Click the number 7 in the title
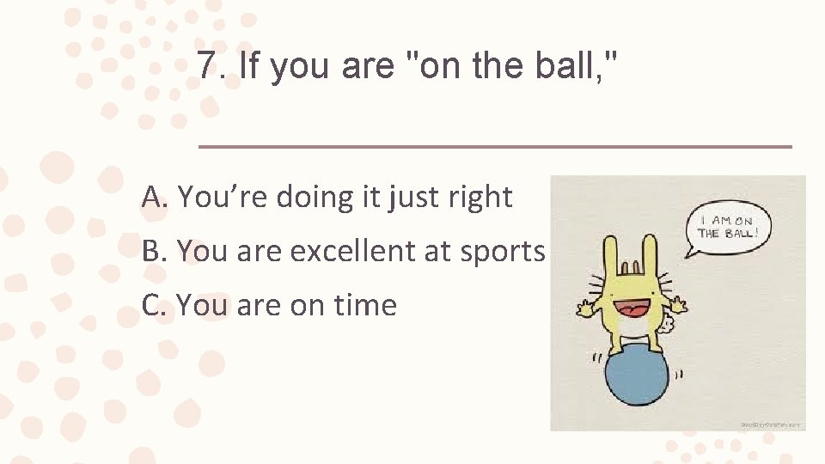tap(207, 66)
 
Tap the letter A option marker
tap(153, 198)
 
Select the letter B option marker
tap(152, 251)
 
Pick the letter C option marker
tap(152, 304)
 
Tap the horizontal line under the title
tap(495, 147)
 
